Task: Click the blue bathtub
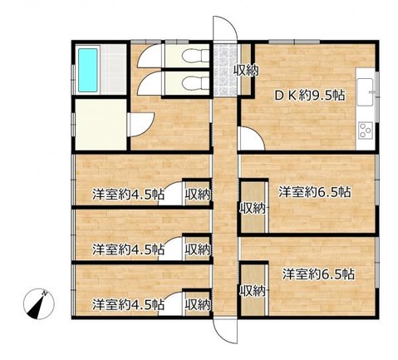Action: (88, 70)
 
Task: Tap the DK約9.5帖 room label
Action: (310, 96)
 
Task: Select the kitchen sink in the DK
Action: (365, 92)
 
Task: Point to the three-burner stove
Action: (365, 131)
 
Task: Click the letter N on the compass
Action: (44, 293)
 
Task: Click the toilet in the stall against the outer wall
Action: (195, 57)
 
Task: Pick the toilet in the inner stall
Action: (195, 82)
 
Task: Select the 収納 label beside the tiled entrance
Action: (246, 71)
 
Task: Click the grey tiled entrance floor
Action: (225, 69)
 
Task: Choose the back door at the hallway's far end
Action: (225, 331)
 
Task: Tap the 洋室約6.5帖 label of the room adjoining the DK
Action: (315, 192)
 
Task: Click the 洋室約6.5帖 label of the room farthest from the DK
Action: (318, 274)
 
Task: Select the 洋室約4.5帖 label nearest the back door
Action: (128, 304)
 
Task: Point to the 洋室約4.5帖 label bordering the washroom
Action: (128, 195)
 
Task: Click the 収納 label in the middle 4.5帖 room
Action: (198, 249)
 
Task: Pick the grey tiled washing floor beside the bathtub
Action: (113, 69)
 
